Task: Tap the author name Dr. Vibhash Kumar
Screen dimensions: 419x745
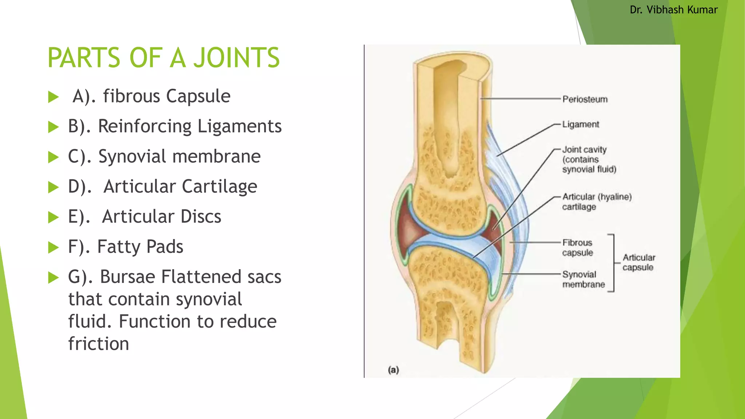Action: (673, 10)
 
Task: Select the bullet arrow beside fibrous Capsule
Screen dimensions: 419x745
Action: (53, 97)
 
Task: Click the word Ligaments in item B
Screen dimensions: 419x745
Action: (239, 126)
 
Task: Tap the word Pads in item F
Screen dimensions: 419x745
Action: (165, 247)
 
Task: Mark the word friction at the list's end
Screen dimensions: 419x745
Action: (99, 344)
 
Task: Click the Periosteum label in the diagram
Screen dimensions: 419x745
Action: (585, 99)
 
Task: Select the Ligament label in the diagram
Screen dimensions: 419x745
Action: (581, 124)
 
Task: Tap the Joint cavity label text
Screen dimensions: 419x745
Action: (589, 159)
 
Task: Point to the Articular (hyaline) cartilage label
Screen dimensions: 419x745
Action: (597, 201)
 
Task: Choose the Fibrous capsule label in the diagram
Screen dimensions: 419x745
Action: (577, 247)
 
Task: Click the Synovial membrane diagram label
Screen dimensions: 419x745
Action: (583, 279)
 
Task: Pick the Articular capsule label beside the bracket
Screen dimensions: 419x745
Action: (638, 262)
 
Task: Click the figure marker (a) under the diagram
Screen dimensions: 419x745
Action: (393, 370)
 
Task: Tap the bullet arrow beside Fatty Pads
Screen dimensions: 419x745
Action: (53, 248)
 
